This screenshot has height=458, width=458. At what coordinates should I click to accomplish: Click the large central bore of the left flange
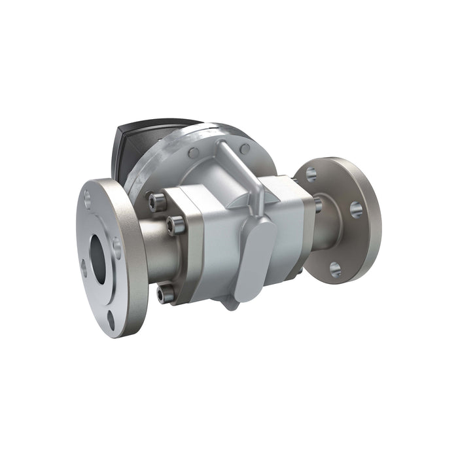point(98,258)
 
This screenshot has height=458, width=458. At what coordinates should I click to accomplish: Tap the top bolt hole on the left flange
point(88,194)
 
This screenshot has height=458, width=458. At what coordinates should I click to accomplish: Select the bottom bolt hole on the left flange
point(111,321)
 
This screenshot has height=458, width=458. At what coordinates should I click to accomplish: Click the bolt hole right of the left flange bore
point(116,247)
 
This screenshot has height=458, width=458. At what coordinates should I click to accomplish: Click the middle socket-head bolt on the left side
point(173,226)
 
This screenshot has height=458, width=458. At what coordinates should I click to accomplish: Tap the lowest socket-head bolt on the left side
point(166,293)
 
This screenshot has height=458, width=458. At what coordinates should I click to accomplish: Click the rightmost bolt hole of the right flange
point(356,209)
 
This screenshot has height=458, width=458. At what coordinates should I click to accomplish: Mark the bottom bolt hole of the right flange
point(335,268)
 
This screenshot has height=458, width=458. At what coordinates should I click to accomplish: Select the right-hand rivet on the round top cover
point(245,149)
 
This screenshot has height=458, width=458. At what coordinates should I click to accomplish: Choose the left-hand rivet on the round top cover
point(194,153)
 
